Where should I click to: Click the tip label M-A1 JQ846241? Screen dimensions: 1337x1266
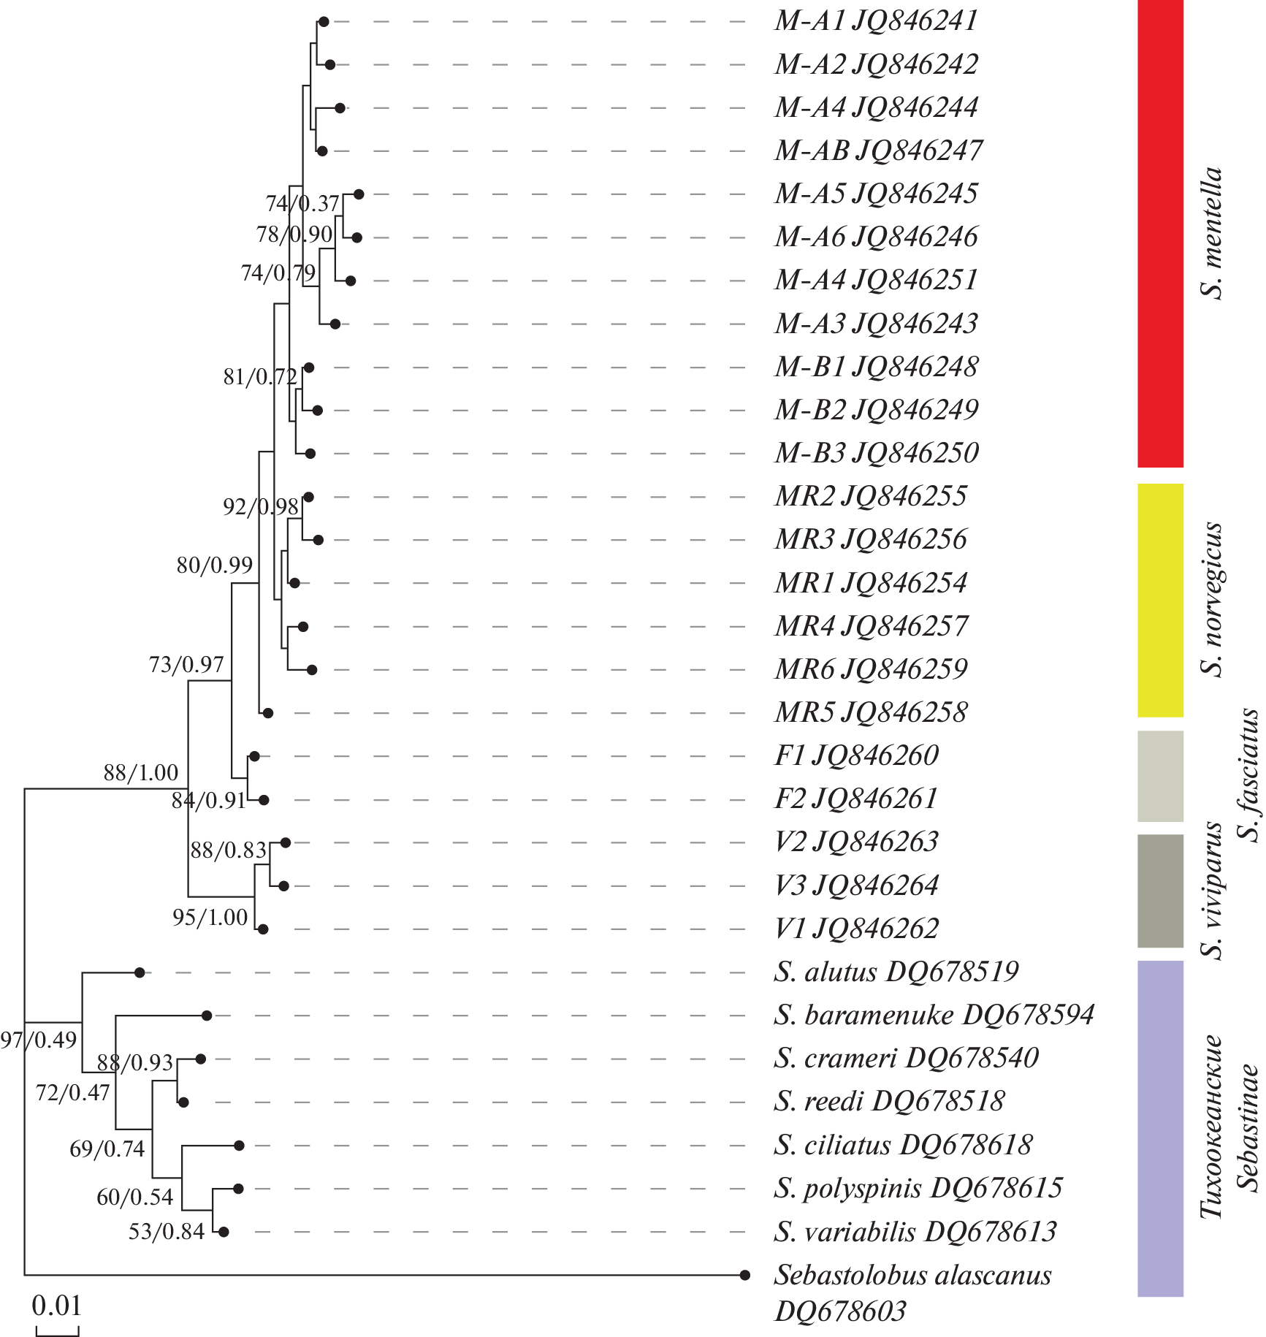[875, 21]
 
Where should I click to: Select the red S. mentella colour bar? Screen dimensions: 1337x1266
[1160, 234]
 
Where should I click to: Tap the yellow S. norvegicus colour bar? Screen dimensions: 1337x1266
[1160, 600]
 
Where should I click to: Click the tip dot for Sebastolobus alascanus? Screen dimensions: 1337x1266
[745, 1275]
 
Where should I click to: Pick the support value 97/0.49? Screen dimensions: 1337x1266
[38, 1040]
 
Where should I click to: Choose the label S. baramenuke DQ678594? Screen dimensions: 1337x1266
[934, 1015]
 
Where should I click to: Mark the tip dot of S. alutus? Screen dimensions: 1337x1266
[140, 972]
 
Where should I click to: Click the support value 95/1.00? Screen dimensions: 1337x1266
[210, 918]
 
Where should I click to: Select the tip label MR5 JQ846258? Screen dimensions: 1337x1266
[871, 712]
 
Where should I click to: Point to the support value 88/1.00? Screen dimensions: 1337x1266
[141, 772]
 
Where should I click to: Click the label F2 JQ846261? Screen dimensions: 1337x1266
[855, 799]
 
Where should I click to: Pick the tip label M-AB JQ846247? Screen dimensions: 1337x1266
[878, 151]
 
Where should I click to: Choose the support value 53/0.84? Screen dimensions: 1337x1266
[167, 1232]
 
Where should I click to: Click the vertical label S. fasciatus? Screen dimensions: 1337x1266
[1250, 776]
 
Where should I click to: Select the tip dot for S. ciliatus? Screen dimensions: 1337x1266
[239, 1146]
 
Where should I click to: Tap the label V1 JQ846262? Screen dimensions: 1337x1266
[856, 929]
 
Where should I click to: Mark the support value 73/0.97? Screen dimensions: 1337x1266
[186, 664]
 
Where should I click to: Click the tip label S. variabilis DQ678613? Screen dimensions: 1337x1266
[915, 1232]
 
